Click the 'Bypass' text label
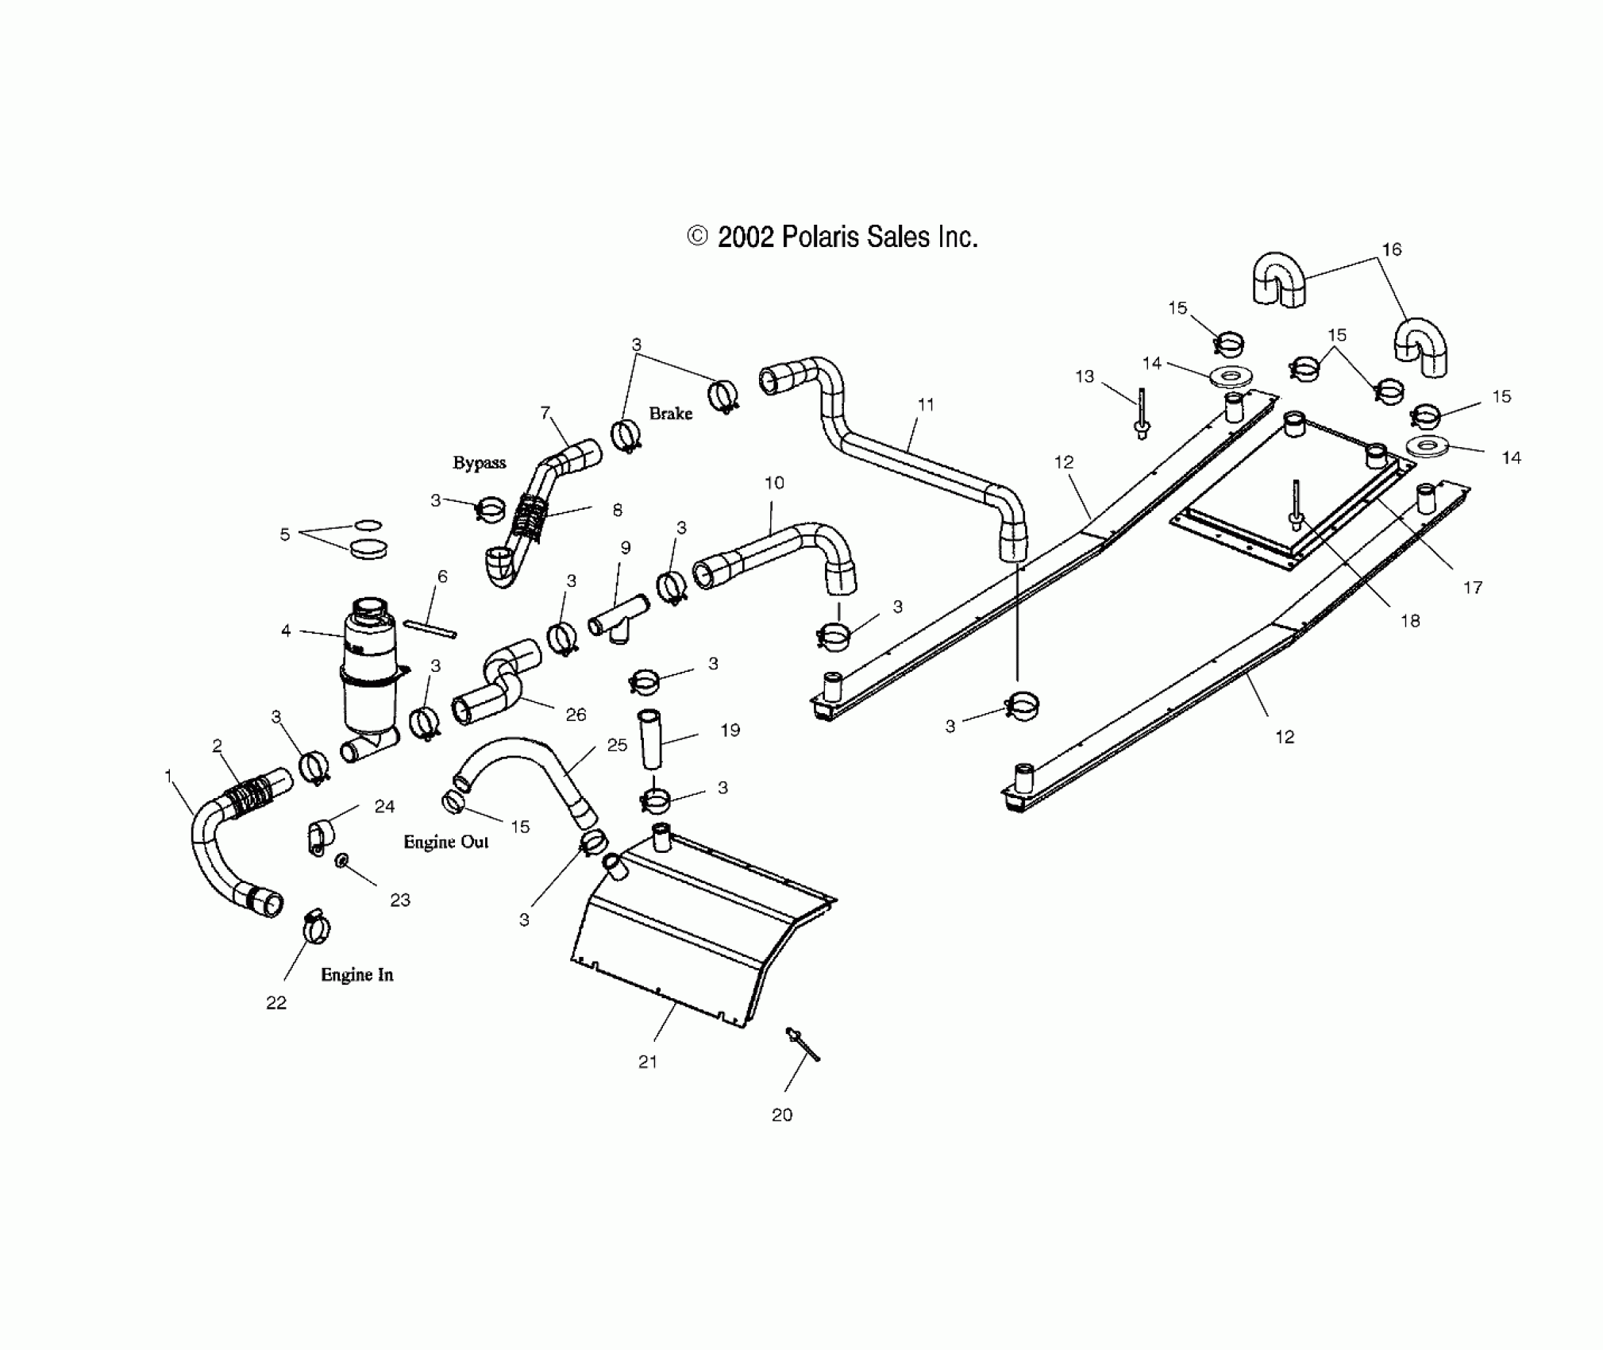point(479,463)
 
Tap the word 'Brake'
point(670,413)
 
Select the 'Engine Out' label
point(445,842)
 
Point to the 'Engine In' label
point(356,974)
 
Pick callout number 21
point(648,1062)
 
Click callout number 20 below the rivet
point(782,1115)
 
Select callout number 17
point(1473,588)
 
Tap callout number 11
point(926,404)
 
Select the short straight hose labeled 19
point(651,739)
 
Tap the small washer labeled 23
point(342,861)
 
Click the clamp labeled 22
point(316,925)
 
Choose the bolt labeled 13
point(1143,414)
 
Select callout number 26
point(576,715)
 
